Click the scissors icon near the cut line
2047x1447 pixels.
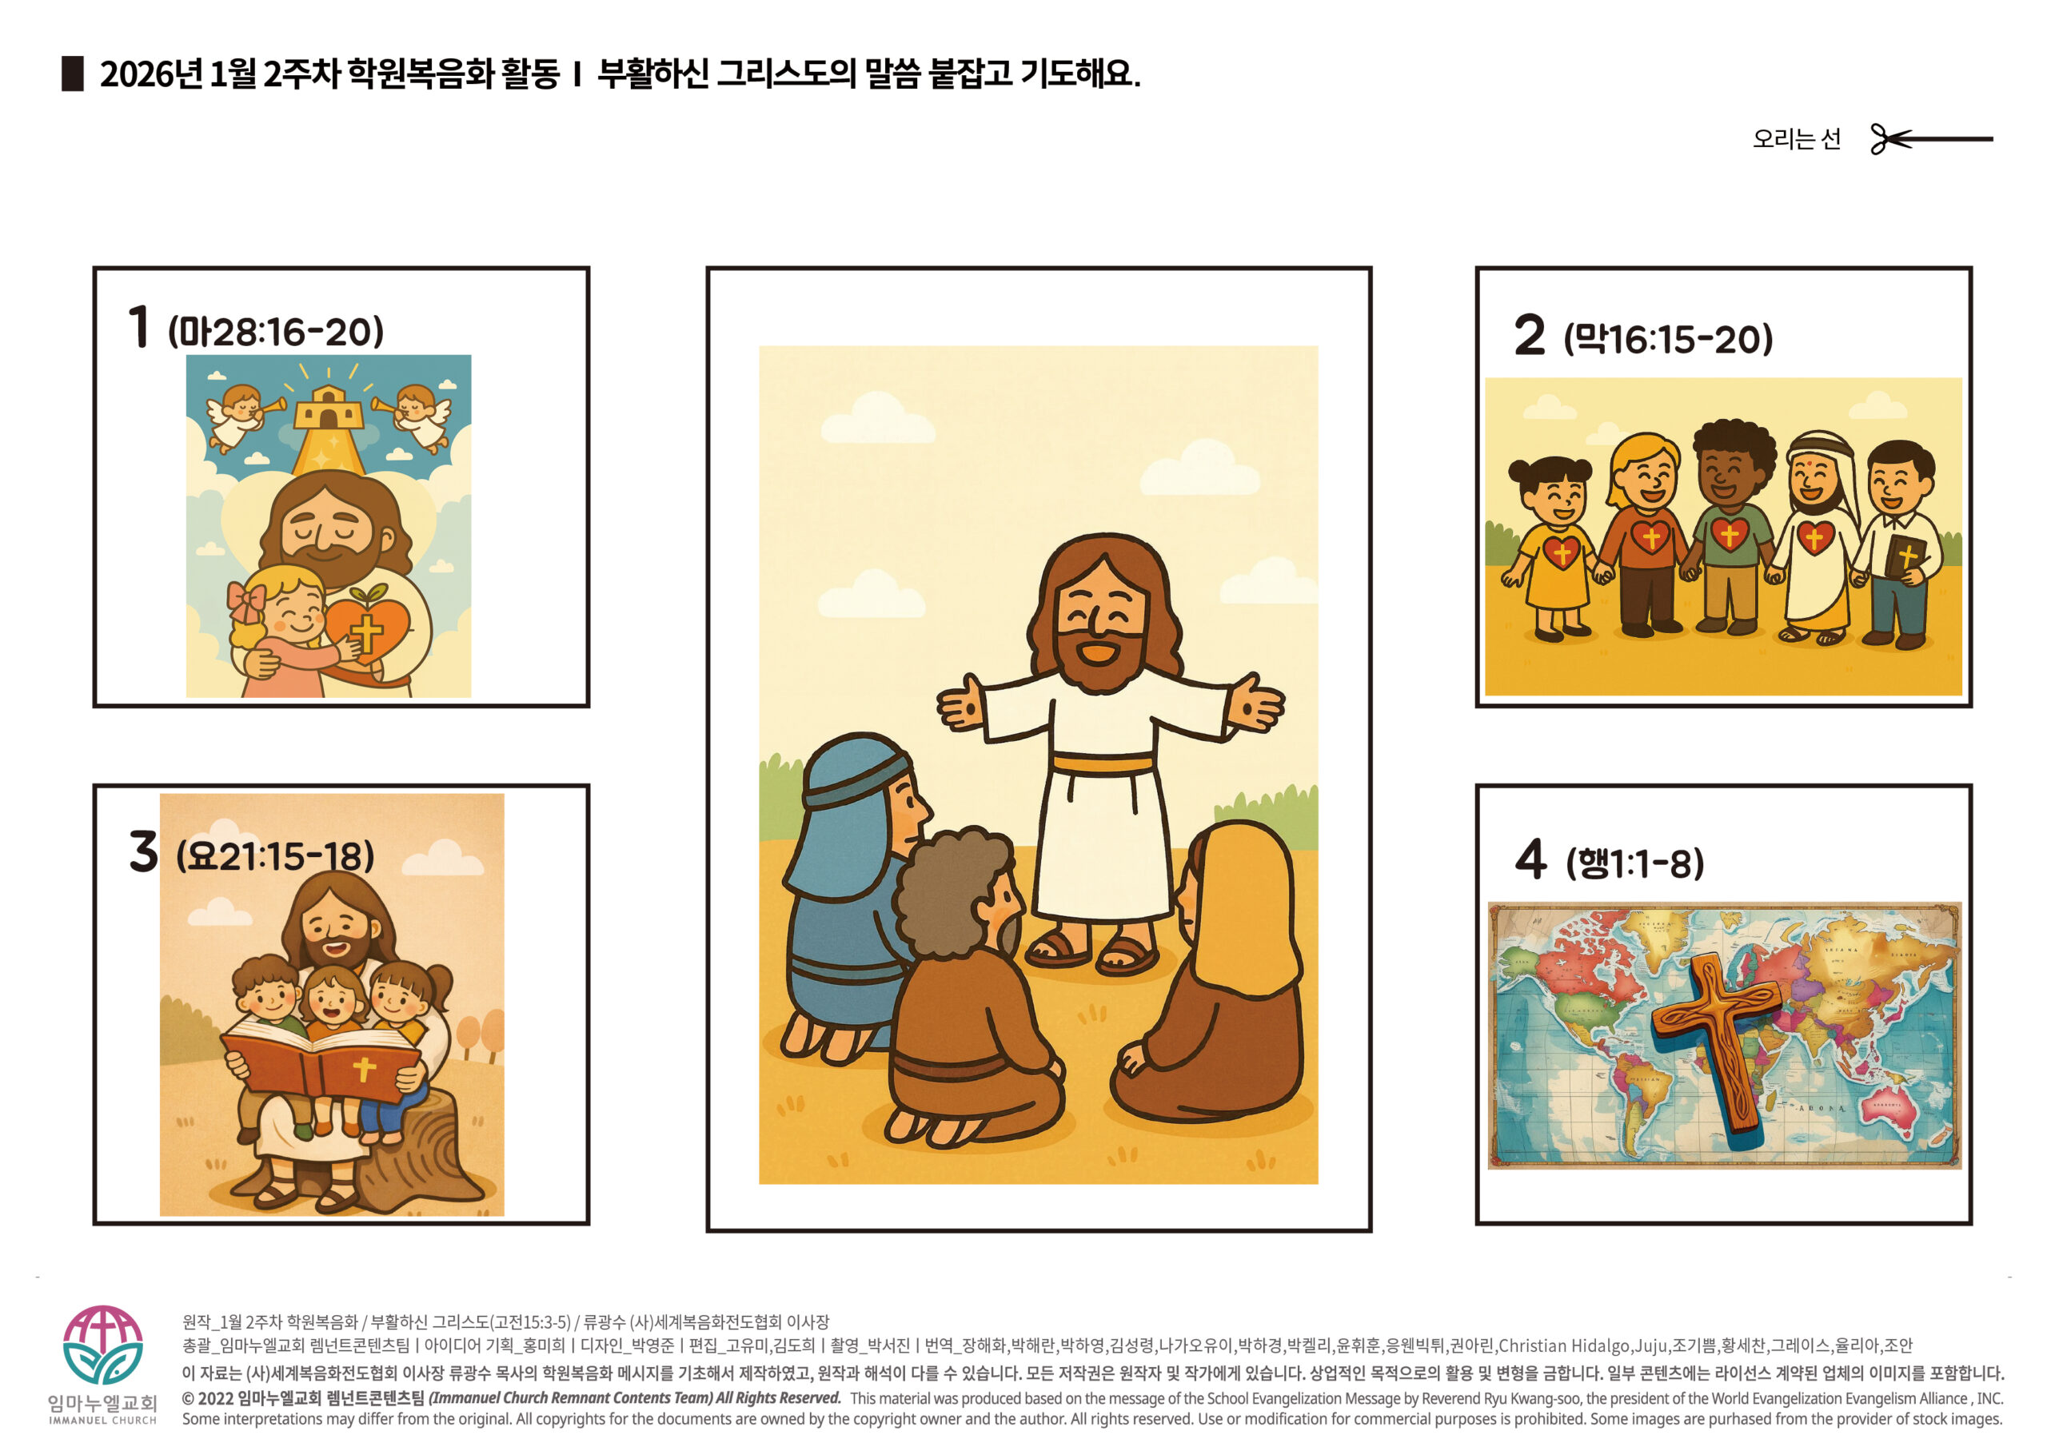coord(1890,139)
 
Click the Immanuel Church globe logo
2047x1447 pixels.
coord(102,1344)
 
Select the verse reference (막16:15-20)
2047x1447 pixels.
coord(1668,339)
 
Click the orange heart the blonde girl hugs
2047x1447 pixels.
coord(366,628)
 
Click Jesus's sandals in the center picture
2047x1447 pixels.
coord(1092,950)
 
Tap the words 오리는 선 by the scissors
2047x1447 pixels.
coord(1797,139)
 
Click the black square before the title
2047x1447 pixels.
coord(72,73)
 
